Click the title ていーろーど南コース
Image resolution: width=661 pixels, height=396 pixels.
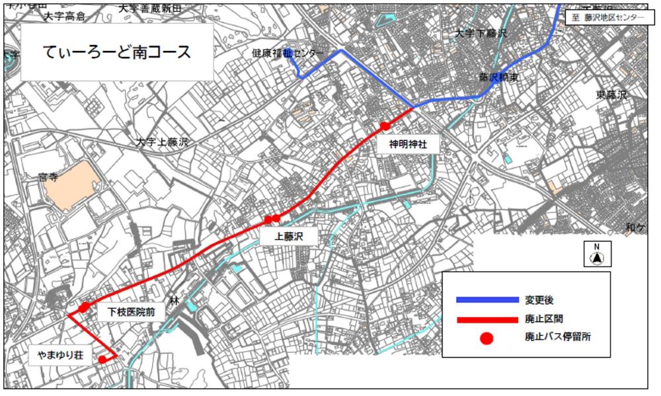[116, 53]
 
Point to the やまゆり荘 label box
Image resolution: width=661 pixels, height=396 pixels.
[59, 356]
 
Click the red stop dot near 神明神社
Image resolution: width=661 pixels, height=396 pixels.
[385, 126]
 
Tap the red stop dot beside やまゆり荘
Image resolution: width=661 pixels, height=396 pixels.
[102, 360]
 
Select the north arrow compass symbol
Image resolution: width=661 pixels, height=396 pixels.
[597, 254]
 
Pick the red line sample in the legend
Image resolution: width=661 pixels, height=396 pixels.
[486, 319]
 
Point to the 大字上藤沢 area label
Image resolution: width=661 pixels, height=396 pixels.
[163, 142]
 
